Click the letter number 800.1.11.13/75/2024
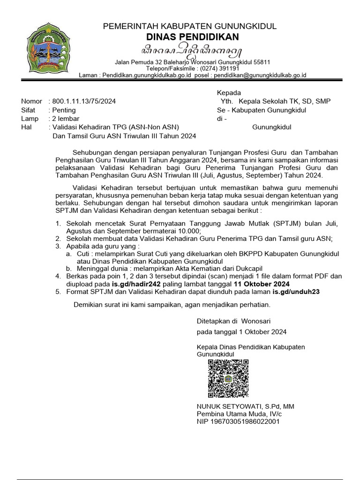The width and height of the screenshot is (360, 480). coord(84,101)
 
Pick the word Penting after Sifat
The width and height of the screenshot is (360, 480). coord(65,110)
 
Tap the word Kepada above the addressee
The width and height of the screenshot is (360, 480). coord(229,93)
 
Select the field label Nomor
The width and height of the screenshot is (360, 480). coord(30,101)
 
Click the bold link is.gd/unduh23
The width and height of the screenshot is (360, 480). coord(296,292)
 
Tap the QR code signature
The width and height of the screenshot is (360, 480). coord(228,378)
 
